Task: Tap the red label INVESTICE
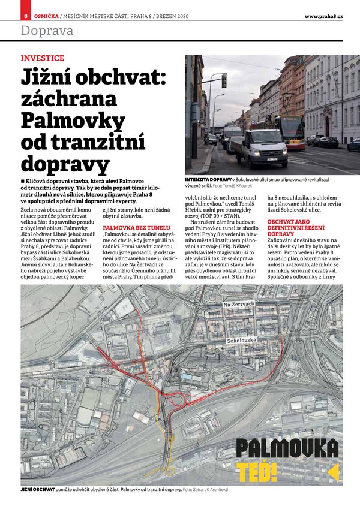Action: pos(42,58)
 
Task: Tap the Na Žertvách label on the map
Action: pos(239,305)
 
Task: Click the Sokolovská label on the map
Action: pos(241,341)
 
